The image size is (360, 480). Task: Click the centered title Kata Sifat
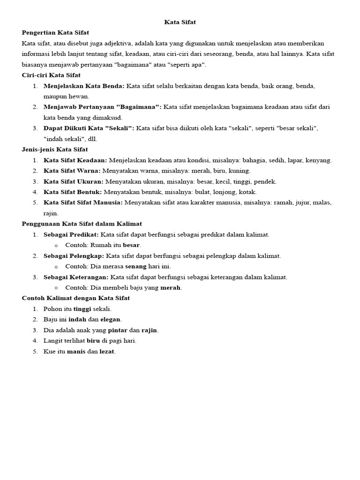tap(180, 22)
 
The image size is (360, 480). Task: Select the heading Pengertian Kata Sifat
tap(55, 32)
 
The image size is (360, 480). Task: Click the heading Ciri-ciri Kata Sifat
tap(51, 75)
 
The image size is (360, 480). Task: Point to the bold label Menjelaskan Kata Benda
tap(84, 86)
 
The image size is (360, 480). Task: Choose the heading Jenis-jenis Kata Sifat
tap(55, 150)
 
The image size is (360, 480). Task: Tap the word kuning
tap(240, 171)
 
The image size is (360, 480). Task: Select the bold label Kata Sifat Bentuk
tap(73, 192)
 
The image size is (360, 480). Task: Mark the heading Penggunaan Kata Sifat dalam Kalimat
tap(82, 224)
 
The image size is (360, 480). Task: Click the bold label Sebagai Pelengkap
tap(74, 256)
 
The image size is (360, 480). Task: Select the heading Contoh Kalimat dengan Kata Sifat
tap(76, 298)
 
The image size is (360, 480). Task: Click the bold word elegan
tap(111, 320)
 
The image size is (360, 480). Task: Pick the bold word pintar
tap(118, 330)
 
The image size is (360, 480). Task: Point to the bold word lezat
tap(107, 352)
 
